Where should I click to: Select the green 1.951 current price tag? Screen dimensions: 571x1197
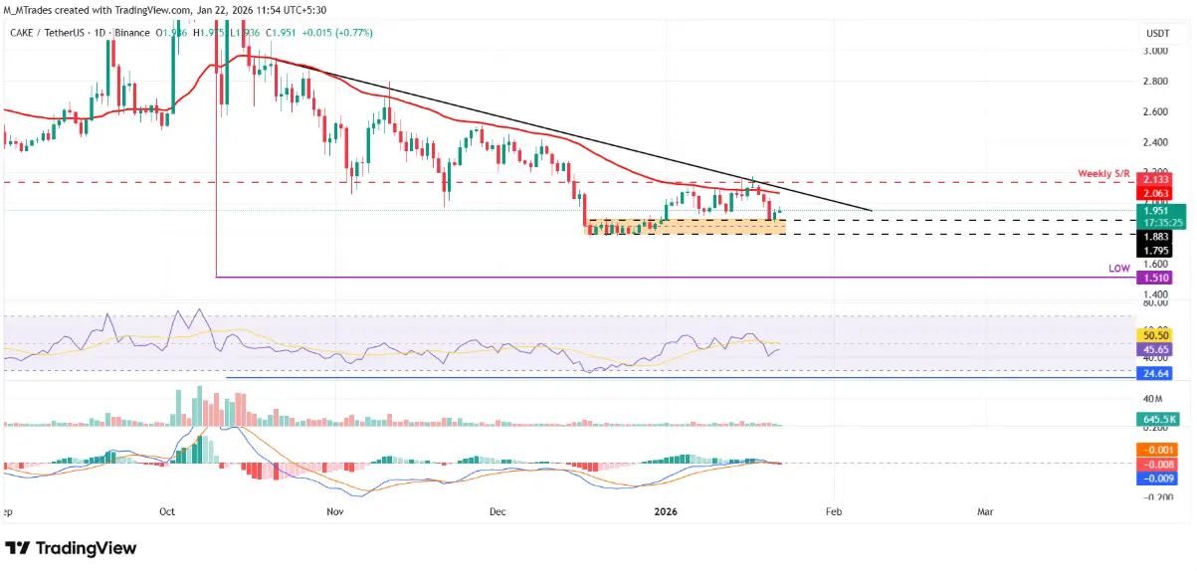(1156, 211)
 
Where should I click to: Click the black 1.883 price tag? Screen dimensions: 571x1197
(1156, 236)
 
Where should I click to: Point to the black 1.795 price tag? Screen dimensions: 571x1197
(1156, 251)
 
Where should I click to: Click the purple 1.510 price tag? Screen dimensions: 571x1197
(1156, 279)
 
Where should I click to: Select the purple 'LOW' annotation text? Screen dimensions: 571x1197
(1120, 269)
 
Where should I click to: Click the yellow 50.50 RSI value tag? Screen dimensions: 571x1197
(1156, 335)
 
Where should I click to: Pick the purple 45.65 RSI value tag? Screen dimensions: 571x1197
(1156, 349)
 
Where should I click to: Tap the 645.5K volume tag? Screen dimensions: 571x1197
(1156, 420)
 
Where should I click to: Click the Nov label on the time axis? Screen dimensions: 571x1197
(334, 511)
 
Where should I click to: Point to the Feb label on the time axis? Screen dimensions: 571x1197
(834, 511)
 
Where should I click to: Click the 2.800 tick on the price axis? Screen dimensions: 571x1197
(1155, 81)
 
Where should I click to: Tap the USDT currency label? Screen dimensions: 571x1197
(1156, 33)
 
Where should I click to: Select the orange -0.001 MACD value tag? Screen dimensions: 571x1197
(1156, 450)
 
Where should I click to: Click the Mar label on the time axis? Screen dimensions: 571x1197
(985, 511)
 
